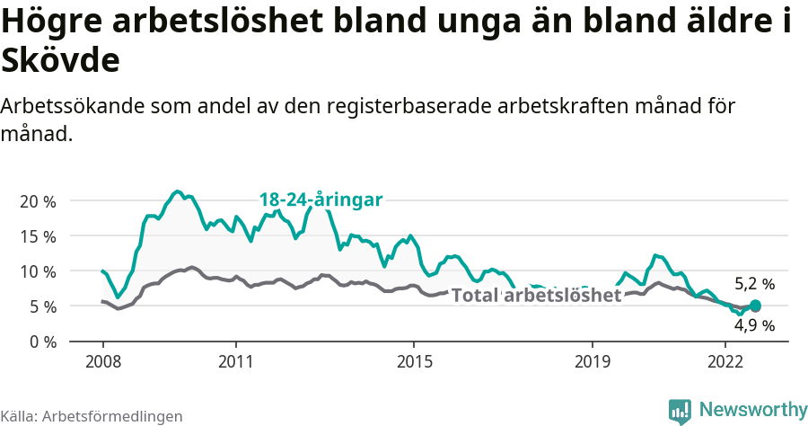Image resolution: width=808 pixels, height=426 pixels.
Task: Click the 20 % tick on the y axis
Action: click(x=37, y=201)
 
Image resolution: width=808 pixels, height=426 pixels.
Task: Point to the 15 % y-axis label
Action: click(x=37, y=236)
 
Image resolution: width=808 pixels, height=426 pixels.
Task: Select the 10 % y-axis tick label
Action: click(x=37, y=271)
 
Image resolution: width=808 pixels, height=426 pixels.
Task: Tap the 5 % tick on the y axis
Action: click(x=41, y=306)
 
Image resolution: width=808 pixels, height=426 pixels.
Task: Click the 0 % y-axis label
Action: click(x=41, y=342)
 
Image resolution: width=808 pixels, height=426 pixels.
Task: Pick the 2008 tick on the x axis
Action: click(x=102, y=362)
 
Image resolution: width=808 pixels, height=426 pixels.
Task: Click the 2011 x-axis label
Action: click(x=235, y=362)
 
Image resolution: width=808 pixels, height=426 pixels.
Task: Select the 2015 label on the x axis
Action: click(x=413, y=362)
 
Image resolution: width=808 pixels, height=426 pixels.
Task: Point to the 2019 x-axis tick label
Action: click(x=592, y=362)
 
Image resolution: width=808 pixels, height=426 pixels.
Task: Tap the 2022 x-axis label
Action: click(x=725, y=362)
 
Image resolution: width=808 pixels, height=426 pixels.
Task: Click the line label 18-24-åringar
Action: click(x=321, y=200)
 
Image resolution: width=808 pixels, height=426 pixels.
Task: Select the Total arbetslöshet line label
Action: click(x=536, y=296)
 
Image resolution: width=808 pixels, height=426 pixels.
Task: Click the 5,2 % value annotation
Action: click(x=754, y=284)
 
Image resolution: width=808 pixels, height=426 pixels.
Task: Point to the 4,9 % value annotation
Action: click(x=754, y=325)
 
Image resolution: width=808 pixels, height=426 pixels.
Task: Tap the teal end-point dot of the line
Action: click(x=755, y=306)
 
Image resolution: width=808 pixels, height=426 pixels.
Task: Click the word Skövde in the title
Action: click(x=60, y=61)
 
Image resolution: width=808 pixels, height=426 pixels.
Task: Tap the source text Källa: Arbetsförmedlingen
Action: click(x=92, y=416)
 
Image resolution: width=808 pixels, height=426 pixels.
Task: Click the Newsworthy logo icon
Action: click(x=680, y=411)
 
